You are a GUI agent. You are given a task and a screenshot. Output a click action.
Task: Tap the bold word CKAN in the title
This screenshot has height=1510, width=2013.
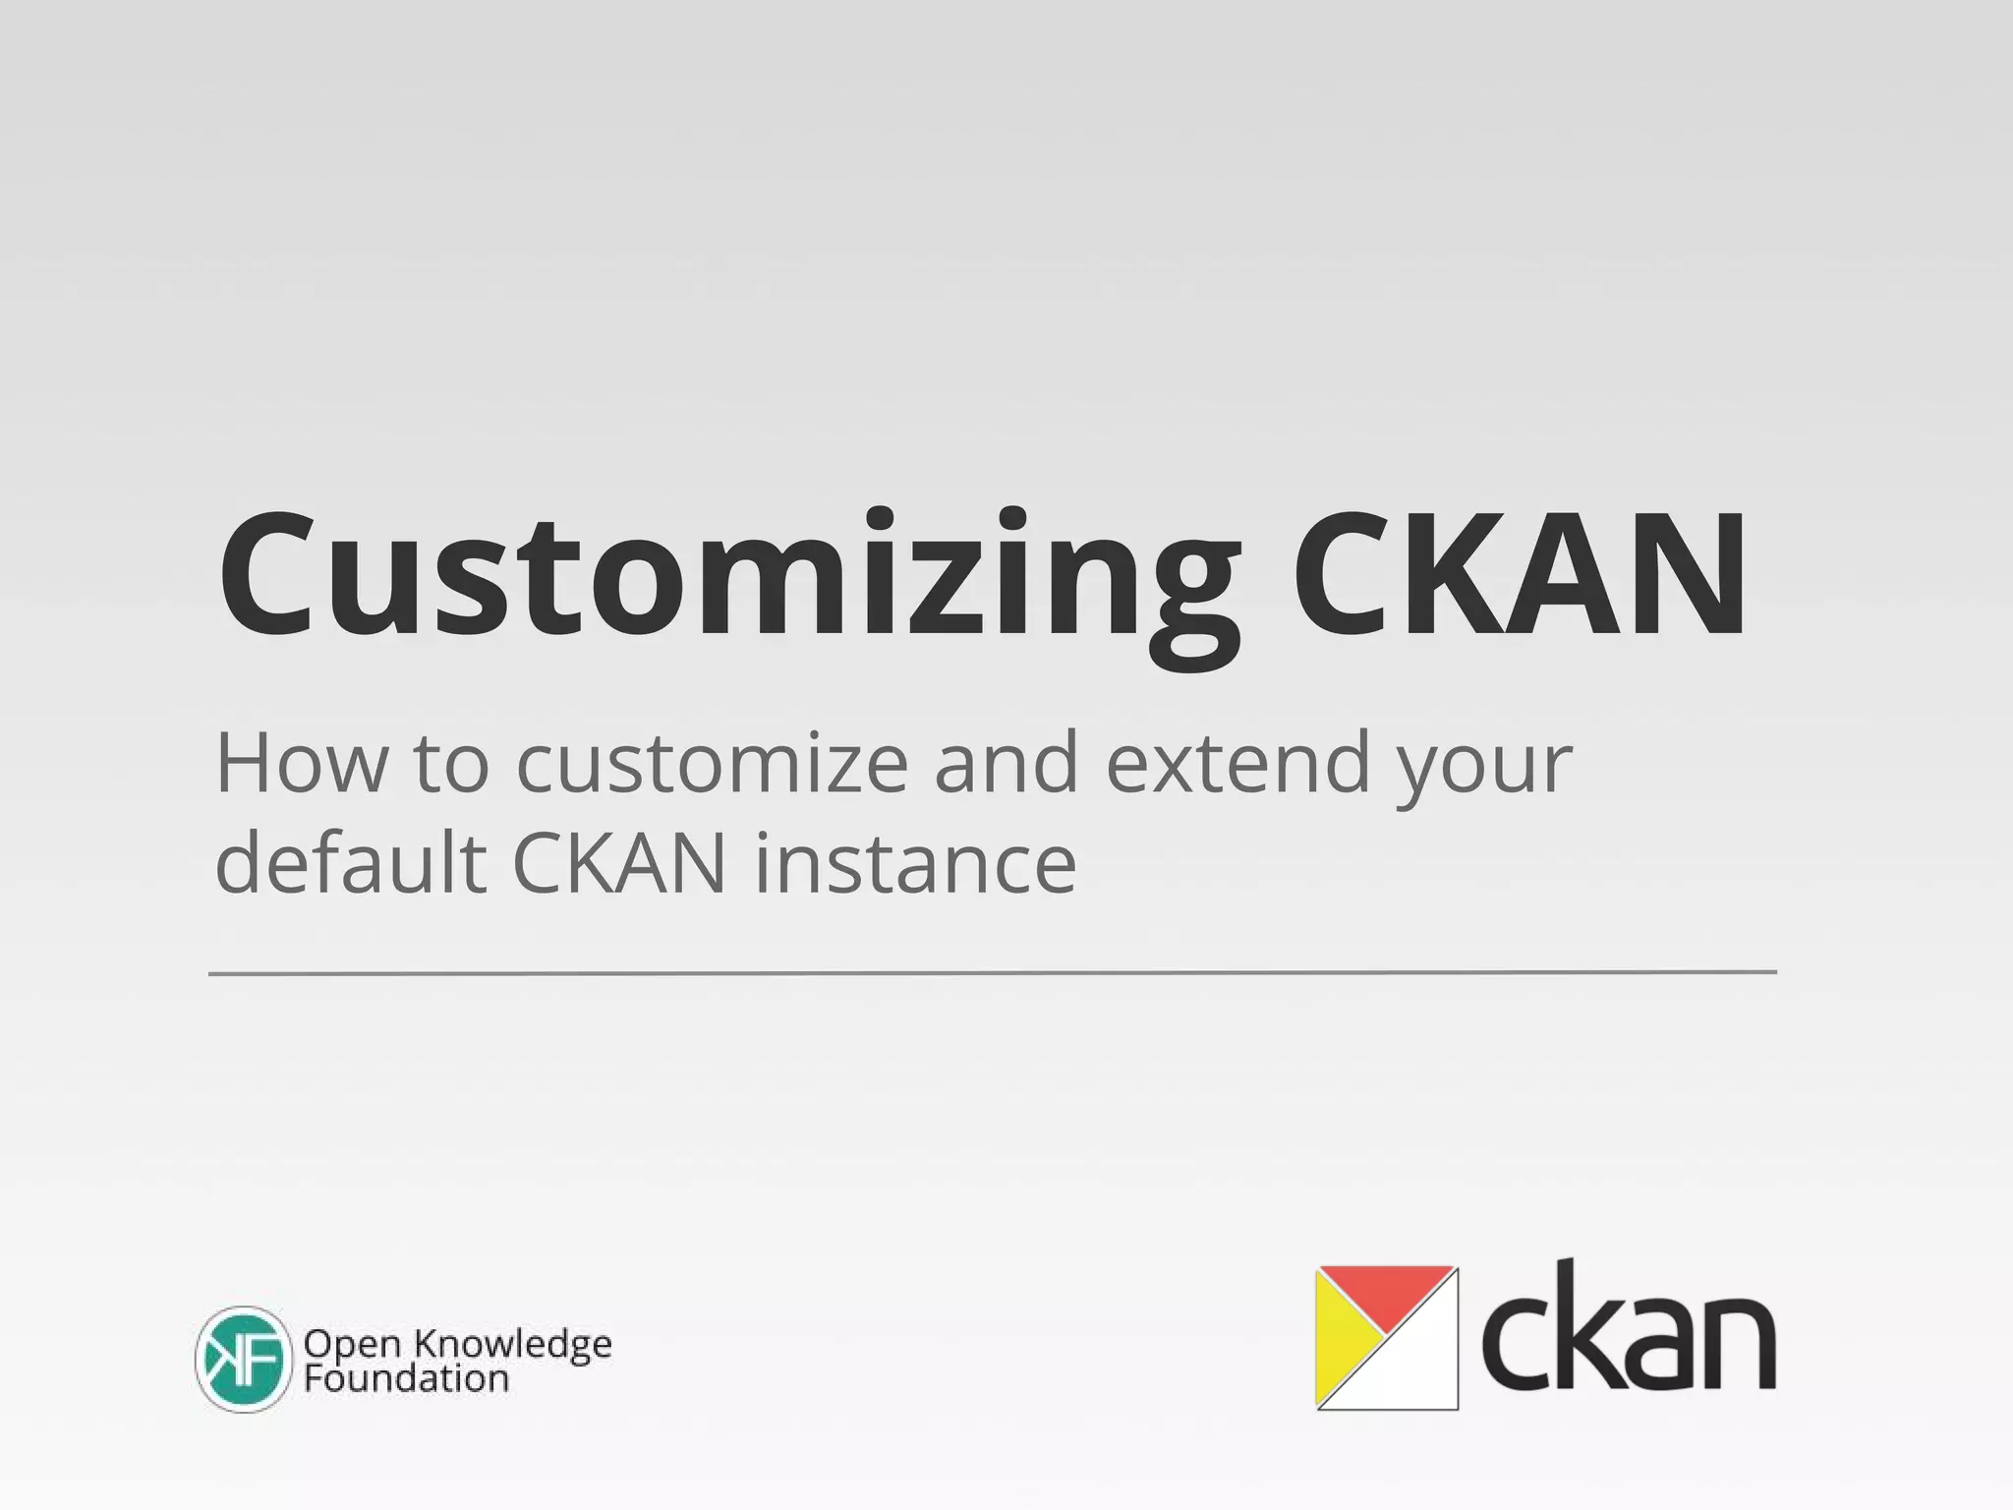tap(1520, 580)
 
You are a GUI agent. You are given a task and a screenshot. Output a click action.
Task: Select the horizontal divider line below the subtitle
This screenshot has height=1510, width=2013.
tap(993, 972)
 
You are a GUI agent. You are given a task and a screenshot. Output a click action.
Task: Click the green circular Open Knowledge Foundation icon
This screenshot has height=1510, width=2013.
tap(244, 1360)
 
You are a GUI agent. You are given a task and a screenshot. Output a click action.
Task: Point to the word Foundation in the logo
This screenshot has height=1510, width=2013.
tap(406, 1378)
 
